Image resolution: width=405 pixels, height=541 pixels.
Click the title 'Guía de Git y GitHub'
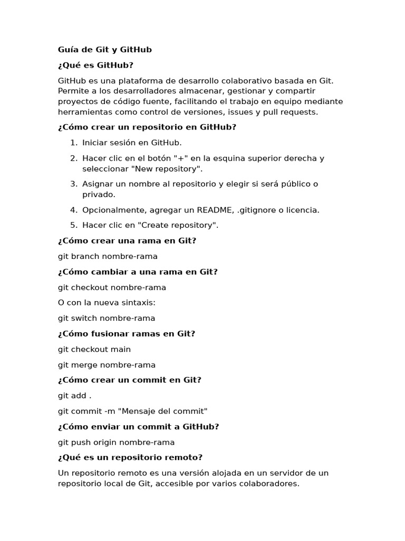click(104, 50)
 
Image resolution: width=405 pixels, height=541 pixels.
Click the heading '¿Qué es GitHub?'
click(95, 65)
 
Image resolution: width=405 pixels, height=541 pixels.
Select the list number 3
click(74, 184)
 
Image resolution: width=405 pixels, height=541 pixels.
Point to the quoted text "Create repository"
click(178, 225)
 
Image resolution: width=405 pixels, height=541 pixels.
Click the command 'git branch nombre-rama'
click(108, 256)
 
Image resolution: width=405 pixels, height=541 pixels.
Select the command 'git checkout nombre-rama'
click(112, 287)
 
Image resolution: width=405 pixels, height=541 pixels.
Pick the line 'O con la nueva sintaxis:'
click(107, 303)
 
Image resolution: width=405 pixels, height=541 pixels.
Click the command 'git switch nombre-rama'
click(107, 318)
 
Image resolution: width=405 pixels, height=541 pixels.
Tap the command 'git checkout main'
click(94, 349)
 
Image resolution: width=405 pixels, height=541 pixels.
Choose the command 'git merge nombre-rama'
click(107, 365)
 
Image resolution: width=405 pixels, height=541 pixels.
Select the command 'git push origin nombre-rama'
click(116, 442)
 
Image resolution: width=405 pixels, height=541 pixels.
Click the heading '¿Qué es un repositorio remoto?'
click(130, 457)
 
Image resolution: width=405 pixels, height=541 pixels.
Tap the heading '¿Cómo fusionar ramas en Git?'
click(127, 333)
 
